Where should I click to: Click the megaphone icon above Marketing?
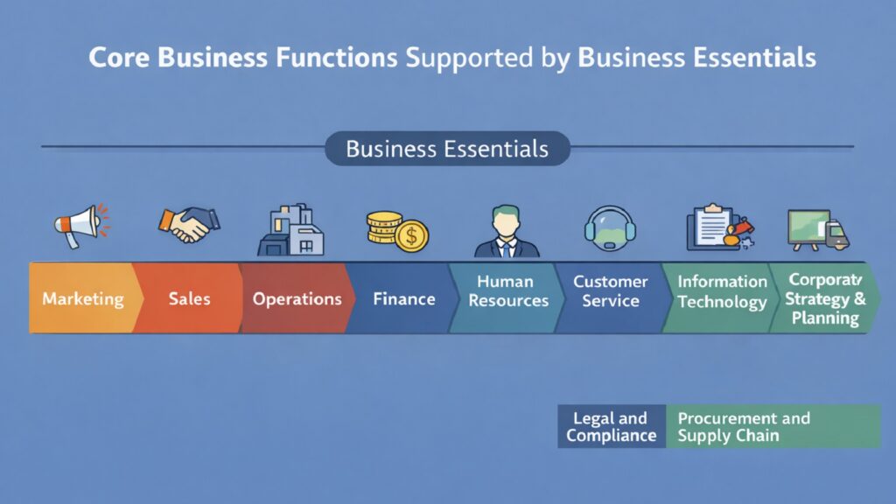click(x=79, y=226)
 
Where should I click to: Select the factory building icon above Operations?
click(x=290, y=229)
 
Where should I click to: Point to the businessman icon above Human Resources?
click(x=507, y=231)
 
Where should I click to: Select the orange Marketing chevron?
click(x=82, y=298)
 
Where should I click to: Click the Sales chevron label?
click(x=189, y=298)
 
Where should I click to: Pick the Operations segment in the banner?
click(x=297, y=298)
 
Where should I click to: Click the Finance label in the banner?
click(x=403, y=298)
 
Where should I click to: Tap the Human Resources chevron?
click(x=507, y=291)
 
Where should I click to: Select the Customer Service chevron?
click(x=610, y=291)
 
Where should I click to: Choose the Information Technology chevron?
click(x=722, y=291)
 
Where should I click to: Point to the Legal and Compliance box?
click(x=612, y=426)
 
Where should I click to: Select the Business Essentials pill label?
click(x=447, y=149)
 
